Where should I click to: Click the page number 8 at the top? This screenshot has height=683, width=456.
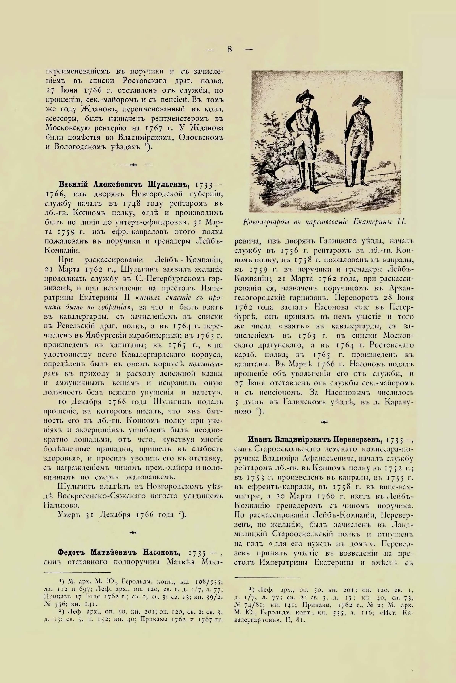pyautogui.click(x=230, y=49)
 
